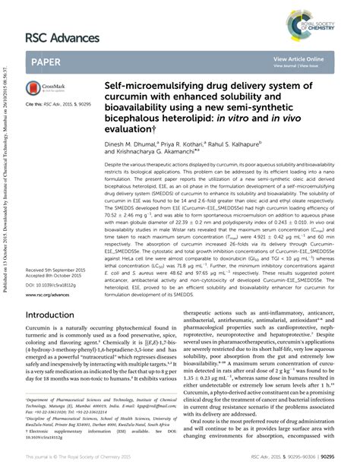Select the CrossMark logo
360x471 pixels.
pyautogui.click(x=45, y=89)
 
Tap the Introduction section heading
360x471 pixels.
pyautogui.click(x=55, y=335)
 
